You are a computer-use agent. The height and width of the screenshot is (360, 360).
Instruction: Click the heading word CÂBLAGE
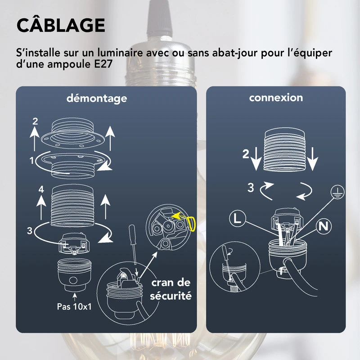point(61,25)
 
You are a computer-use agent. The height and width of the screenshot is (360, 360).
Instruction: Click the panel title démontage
point(96,98)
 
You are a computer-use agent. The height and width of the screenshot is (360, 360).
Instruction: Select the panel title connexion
point(276,98)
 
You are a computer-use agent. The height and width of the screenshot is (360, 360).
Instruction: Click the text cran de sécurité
point(171,289)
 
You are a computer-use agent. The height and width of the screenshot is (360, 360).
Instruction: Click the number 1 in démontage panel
point(31,160)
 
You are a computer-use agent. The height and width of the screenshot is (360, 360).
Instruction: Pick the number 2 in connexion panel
point(245,154)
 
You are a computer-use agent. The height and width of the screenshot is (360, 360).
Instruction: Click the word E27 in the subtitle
point(103,64)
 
